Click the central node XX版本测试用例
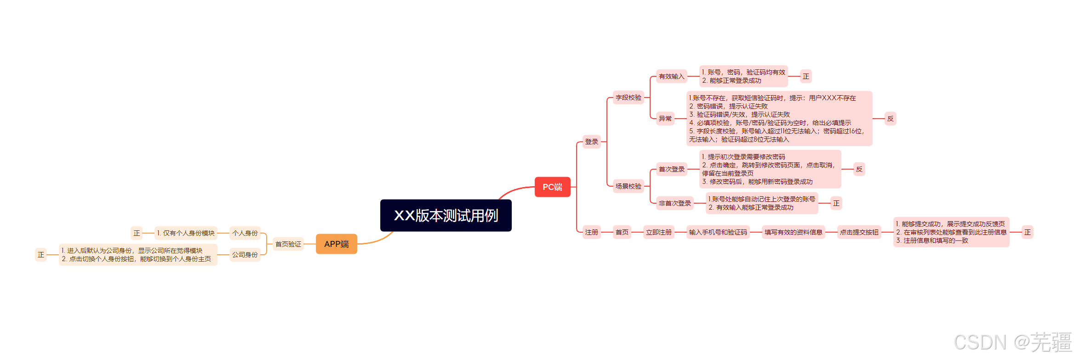point(446,215)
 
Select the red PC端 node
point(552,187)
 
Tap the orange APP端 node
point(336,244)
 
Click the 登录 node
point(591,142)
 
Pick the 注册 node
point(591,232)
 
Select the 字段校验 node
point(628,97)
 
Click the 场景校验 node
point(628,186)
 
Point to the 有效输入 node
point(671,76)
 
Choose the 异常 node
point(665,119)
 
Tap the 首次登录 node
point(671,169)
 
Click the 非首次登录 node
point(674,203)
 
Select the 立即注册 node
point(658,232)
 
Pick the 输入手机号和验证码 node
point(718,232)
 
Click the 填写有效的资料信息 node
point(793,232)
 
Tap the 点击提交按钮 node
point(859,232)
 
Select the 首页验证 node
point(288,244)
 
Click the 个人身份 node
point(245,233)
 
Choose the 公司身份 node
point(245,255)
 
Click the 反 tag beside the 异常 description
point(890,119)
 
